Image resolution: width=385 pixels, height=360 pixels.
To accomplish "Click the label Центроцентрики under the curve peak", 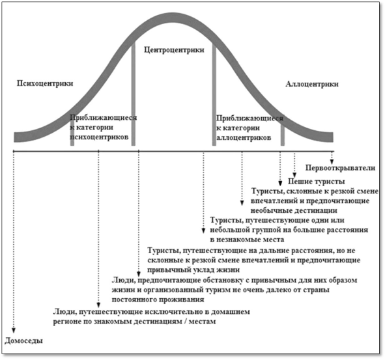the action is pos(174,50).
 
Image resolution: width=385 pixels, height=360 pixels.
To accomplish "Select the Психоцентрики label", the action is pos(45,83).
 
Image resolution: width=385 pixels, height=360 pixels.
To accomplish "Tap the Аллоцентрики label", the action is pos(312,84).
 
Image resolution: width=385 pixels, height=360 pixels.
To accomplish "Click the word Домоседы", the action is pos(24,340).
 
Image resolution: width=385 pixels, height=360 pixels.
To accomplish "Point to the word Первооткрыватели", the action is pos(340,168).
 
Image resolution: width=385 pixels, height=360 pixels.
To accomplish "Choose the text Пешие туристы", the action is pos(316,182).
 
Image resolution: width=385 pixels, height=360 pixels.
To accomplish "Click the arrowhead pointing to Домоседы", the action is pos(14,330).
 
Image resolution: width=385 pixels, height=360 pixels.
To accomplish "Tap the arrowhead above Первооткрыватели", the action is pos(332,161).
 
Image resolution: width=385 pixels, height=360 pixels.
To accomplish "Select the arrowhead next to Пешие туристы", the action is pos(294,174).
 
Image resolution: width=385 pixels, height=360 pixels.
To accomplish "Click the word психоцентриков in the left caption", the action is pos(99,137).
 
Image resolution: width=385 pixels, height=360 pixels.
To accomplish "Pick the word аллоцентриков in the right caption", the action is pos(244,137).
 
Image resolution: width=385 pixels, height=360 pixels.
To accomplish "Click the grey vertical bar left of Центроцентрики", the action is pos(134,94).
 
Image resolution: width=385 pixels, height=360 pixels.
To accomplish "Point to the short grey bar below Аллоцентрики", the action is pos(283,134).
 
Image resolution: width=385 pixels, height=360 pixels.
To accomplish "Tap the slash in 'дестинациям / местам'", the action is pos(184,322).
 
